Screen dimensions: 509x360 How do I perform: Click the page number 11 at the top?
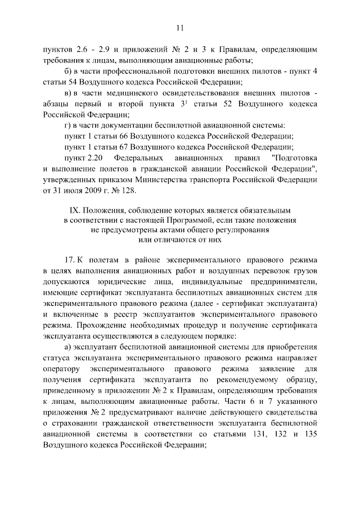[x=180, y=26]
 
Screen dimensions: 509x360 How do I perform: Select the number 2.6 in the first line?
[x=73, y=49]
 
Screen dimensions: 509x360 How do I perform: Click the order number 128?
[x=128, y=191]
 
